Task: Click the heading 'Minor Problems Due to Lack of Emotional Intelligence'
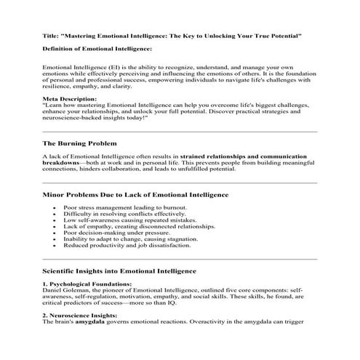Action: [x=135, y=195]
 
